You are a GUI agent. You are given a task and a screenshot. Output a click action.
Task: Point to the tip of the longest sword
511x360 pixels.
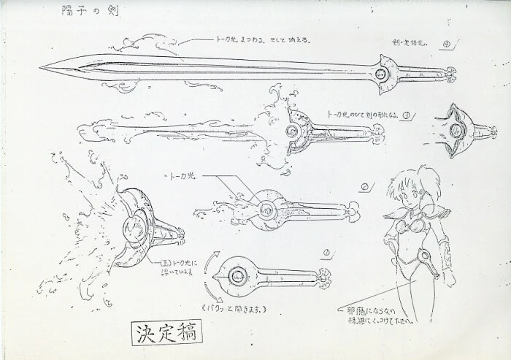coord(42,67)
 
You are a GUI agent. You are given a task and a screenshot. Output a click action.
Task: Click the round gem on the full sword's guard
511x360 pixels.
coord(381,76)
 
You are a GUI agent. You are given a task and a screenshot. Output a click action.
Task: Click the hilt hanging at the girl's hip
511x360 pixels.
coord(431,264)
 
